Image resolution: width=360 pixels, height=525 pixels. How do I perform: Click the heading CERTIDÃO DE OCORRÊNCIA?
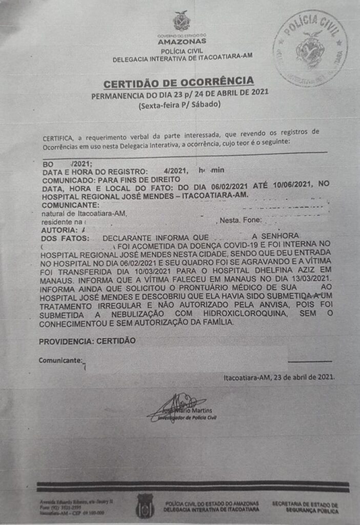tap(178, 83)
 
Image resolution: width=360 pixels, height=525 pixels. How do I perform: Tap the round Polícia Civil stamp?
tap(310, 47)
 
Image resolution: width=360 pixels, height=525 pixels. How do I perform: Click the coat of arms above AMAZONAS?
tap(182, 22)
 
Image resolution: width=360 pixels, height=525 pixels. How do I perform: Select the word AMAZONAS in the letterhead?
tap(182, 41)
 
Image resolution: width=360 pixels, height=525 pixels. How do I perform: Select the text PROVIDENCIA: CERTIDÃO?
tap(87, 341)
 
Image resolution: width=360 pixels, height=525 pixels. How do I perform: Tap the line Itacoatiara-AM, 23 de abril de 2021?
tap(279, 377)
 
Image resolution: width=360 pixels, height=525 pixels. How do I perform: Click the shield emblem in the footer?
tap(145, 505)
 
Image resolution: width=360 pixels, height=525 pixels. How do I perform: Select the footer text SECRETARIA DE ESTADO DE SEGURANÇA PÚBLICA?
tap(305, 508)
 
